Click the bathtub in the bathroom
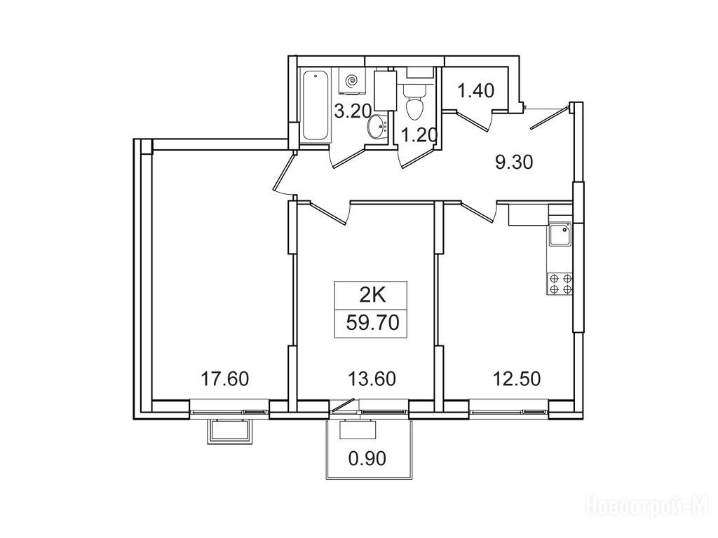[316, 106]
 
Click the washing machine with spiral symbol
[351, 81]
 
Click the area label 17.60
[225, 379]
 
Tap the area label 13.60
[372, 379]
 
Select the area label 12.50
[517, 379]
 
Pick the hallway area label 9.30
[515, 162]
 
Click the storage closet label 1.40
[476, 90]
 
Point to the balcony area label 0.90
[367, 458]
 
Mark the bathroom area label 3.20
[352, 111]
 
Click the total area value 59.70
[373, 323]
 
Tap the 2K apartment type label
[372, 296]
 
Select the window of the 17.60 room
[229, 409]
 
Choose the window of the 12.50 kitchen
[508, 409]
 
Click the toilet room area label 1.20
[419, 135]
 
